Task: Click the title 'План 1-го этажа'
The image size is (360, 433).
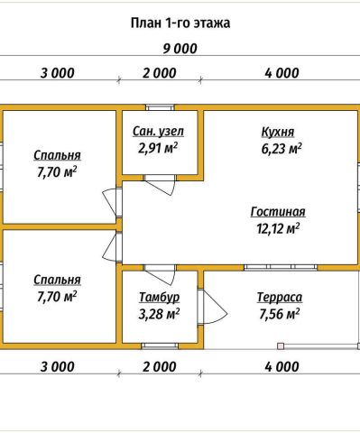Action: coord(180,23)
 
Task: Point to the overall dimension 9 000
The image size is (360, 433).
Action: coord(180,49)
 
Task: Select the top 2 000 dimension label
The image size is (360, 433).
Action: coord(159,73)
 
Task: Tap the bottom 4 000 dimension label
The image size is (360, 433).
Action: coord(282,367)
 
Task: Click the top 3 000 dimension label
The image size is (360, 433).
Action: coord(57,73)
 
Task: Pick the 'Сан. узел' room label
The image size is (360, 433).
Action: coord(158,132)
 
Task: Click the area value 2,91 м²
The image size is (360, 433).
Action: coord(158,148)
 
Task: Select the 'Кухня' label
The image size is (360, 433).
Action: coord(278,132)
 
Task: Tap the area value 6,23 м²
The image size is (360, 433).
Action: coord(282,149)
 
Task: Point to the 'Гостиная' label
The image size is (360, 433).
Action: coord(278,212)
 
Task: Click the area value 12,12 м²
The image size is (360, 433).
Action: coord(278,228)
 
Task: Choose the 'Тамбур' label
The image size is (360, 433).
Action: coord(160,297)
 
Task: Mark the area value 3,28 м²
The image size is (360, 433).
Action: coord(159,314)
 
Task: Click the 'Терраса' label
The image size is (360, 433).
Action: coord(280,297)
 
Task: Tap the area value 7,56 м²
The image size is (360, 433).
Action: coord(280,314)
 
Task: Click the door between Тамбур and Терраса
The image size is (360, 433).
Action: coord(212,307)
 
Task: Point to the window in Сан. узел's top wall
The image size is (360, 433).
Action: coord(160,107)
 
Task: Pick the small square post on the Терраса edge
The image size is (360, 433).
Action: coord(281,346)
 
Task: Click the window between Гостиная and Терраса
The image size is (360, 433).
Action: coord(281,267)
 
